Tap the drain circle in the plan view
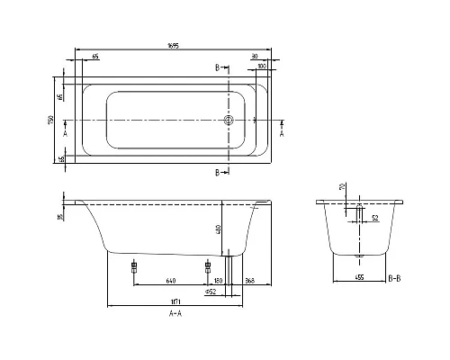229,121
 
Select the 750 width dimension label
53,121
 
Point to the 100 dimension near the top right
261,67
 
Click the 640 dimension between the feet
170,280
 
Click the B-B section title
393,280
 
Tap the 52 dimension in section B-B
374,216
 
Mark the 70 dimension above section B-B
341,187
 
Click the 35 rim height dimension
61,216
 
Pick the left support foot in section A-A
134,267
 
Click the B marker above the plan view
218,68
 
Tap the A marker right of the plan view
283,131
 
